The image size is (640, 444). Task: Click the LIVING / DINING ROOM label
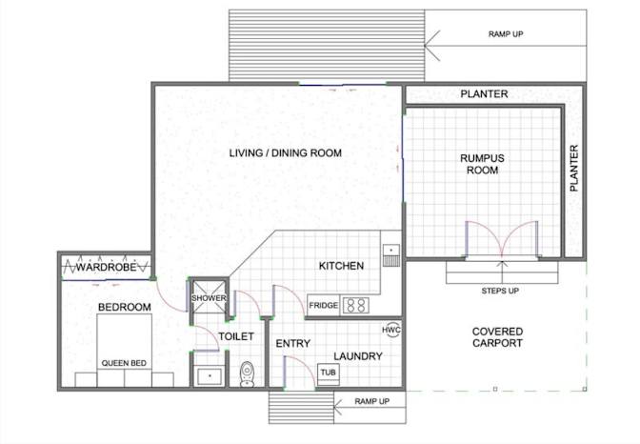click(286, 153)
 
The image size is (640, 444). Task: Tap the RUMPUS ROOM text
click(482, 164)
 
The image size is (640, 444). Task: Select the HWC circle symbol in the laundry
click(391, 330)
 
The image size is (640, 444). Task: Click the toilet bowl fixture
click(247, 373)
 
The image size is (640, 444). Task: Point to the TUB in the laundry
click(329, 373)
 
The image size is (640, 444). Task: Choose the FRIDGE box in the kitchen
click(323, 305)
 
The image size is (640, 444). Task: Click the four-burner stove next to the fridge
click(356, 306)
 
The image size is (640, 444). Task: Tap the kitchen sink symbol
click(391, 255)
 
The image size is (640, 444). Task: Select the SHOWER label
click(209, 298)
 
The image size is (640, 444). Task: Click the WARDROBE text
click(106, 268)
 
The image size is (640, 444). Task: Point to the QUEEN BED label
click(124, 363)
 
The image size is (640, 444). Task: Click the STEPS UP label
click(500, 291)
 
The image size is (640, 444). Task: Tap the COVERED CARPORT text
click(497, 337)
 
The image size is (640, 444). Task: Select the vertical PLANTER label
click(574, 168)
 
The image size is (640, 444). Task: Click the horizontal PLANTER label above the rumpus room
click(484, 94)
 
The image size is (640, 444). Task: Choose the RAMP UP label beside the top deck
click(506, 34)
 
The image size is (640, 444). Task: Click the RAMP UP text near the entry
click(371, 401)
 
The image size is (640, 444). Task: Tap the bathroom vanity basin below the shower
click(210, 376)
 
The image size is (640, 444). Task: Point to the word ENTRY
click(293, 344)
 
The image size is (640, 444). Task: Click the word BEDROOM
click(125, 307)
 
